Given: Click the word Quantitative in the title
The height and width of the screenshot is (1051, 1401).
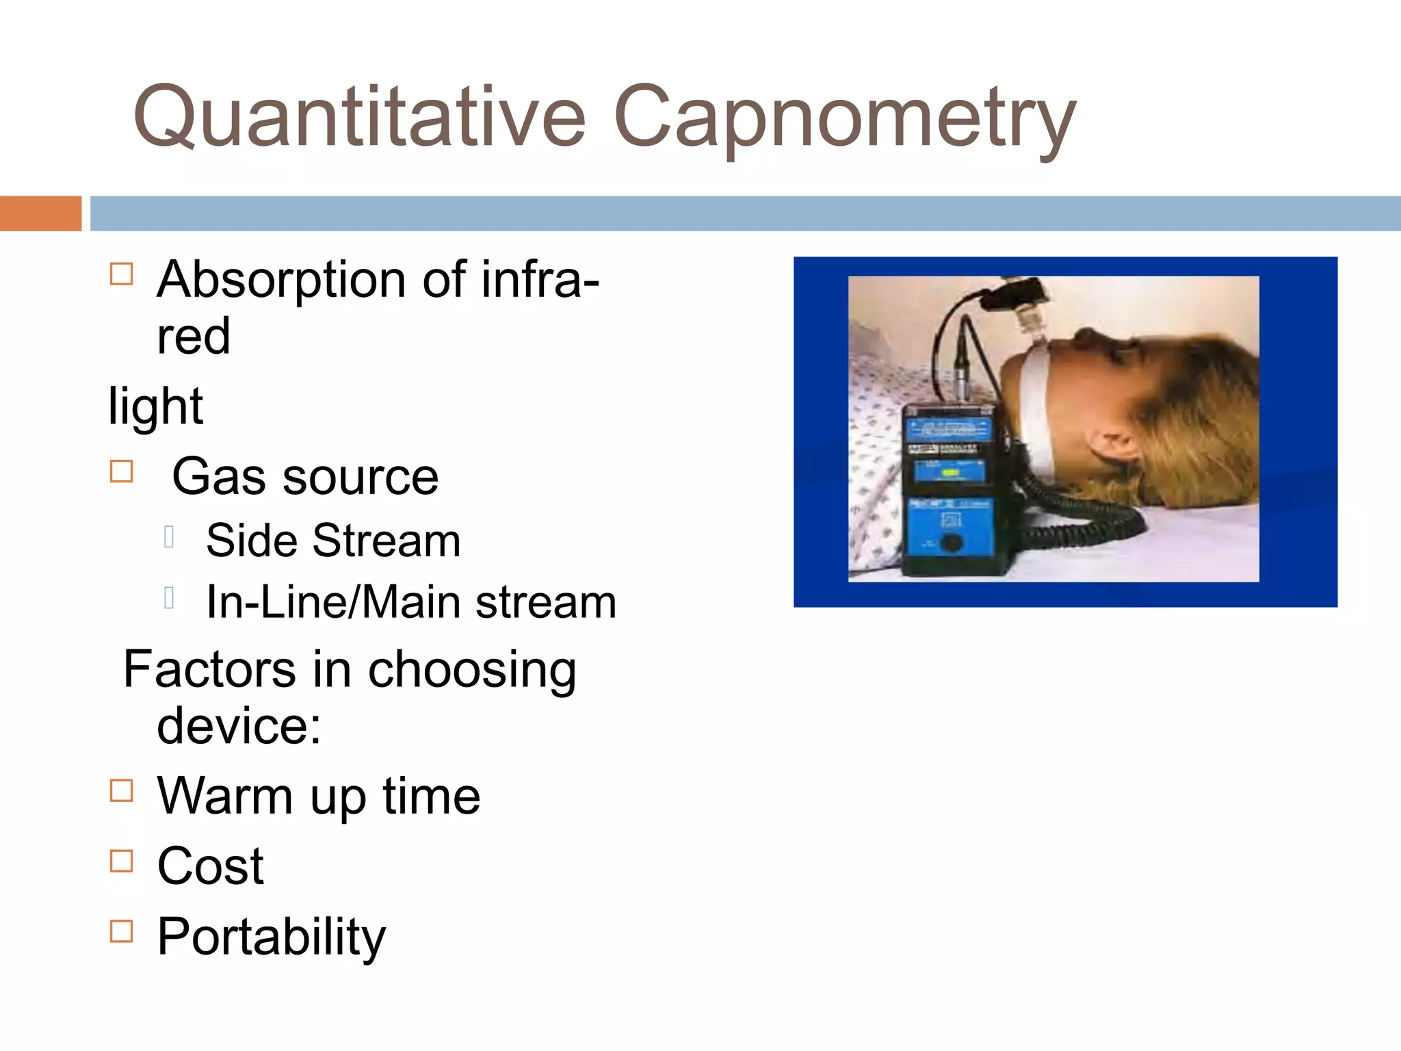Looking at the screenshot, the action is point(359,116).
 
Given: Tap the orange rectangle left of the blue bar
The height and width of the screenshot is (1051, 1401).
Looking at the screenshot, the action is point(40,213).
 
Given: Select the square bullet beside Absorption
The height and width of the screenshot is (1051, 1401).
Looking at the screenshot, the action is point(121,274).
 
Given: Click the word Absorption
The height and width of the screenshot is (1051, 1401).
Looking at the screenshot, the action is point(281,281).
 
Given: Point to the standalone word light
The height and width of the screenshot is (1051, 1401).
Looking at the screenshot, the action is point(155,406).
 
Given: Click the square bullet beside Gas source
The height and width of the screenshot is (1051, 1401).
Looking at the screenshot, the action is point(121,471).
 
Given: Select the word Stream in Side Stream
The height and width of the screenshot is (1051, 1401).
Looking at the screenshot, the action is point(386,541).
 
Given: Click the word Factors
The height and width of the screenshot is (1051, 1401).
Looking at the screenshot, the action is point(209,669).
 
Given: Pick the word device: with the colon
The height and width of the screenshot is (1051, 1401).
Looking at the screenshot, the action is point(239,726).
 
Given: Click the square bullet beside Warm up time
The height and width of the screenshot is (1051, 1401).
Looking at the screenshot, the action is point(121,790).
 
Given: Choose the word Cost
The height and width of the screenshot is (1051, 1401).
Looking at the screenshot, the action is point(210,866).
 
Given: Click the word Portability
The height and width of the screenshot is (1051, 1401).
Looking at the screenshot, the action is point(271,937).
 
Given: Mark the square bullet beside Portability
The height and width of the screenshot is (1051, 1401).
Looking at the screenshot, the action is point(121,931).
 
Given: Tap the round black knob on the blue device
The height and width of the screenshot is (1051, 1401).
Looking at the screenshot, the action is point(950,543).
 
